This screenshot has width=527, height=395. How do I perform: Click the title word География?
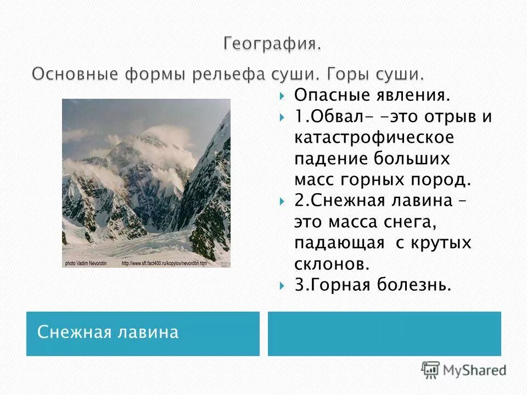coord(272,44)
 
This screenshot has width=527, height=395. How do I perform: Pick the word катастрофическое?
coord(374,138)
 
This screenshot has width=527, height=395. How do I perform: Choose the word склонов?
coord(332,263)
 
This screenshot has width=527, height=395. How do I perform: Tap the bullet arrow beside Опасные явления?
coord(282,97)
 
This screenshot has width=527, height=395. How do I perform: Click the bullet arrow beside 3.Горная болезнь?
coord(282,285)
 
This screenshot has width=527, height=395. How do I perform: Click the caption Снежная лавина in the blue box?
coord(108,332)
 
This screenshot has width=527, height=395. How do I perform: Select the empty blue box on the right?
coord(384,334)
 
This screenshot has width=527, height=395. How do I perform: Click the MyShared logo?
coord(463,370)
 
